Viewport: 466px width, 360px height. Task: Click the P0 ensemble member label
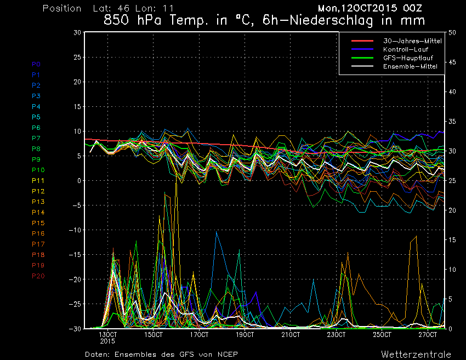(36, 64)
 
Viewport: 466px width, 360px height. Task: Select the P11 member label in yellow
(38, 180)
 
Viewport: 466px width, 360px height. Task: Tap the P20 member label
(38, 276)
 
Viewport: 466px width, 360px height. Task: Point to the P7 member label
(36, 138)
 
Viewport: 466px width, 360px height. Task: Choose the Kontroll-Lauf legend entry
(406, 49)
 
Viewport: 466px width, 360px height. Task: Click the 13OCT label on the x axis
(108, 334)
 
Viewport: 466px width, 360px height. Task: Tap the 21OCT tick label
(291, 334)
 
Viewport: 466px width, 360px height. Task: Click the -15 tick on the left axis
(76, 255)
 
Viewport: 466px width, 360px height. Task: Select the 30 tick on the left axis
(77, 32)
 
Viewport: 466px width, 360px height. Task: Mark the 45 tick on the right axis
(453, 62)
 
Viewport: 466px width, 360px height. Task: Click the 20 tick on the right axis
(453, 210)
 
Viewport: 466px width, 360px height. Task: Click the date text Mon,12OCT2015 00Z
(373, 9)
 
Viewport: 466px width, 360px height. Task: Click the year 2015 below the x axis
(108, 341)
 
